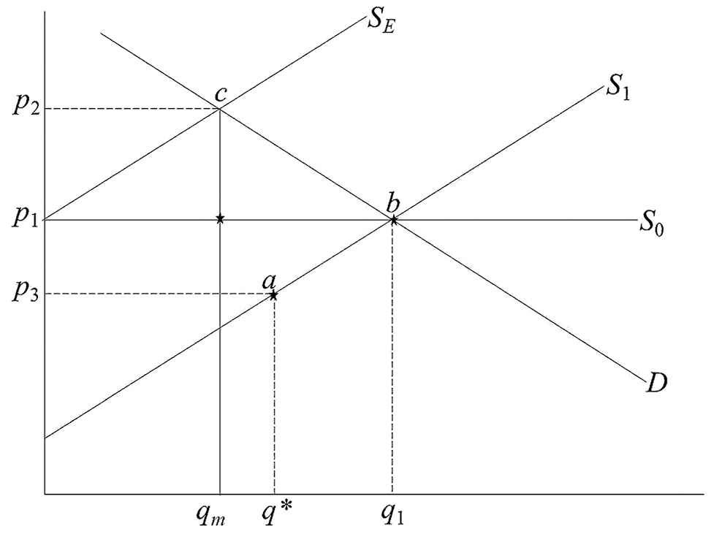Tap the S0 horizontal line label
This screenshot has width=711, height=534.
pyautogui.click(x=652, y=223)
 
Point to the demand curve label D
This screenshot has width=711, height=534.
pyautogui.click(x=656, y=383)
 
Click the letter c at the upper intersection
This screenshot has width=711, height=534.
pyautogui.click(x=220, y=94)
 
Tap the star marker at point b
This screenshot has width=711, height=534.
pyautogui.click(x=393, y=220)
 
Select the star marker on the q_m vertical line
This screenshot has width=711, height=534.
pyautogui.click(x=220, y=219)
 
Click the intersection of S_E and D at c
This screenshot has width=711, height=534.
pyautogui.click(x=220, y=109)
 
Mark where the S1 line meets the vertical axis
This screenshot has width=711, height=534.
pyautogui.click(x=45, y=438)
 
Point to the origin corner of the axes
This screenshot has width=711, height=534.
pyautogui.click(x=45, y=493)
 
